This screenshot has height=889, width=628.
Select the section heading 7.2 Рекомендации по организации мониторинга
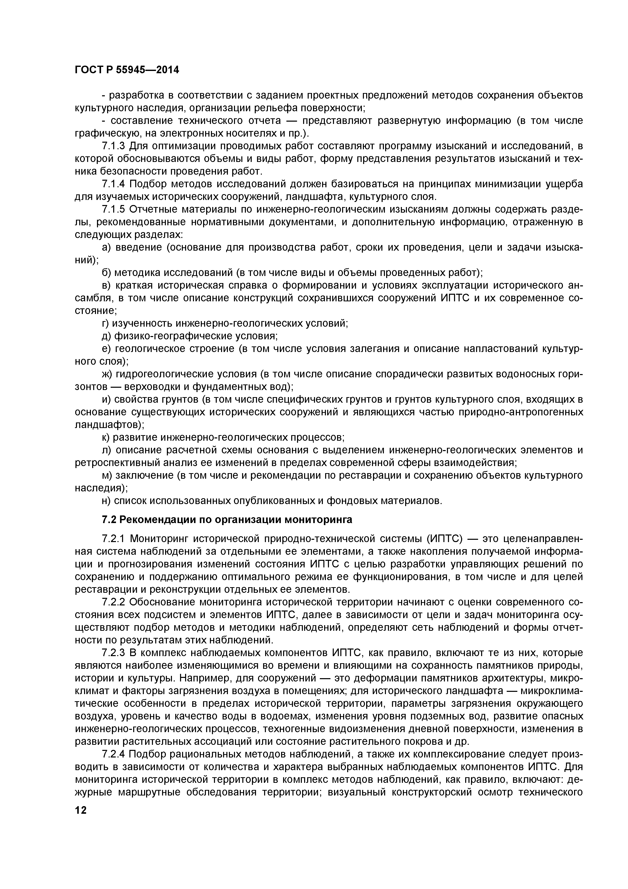point(227,520)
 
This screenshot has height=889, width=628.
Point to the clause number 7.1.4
point(114,184)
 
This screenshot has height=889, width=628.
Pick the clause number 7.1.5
point(114,210)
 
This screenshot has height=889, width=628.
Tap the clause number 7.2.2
point(114,602)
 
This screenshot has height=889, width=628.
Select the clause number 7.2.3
point(114,653)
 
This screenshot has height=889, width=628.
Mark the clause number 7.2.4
point(114,754)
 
